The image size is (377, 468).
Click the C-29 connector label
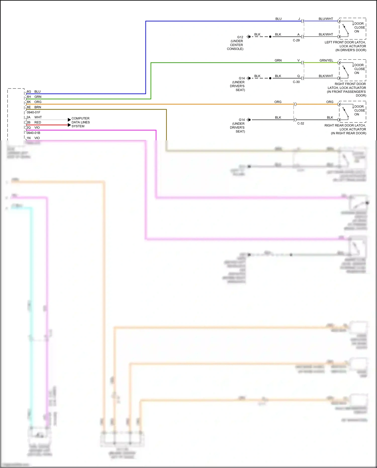tap(296, 40)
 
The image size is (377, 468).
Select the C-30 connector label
tap(296, 82)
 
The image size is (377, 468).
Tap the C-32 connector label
tap(301, 123)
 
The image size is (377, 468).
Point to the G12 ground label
tap(240, 37)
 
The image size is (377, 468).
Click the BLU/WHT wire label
tap(326, 19)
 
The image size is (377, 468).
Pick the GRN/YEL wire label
tap(326, 60)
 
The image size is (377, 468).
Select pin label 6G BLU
tap(34, 92)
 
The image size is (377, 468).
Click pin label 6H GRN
tap(34, 97)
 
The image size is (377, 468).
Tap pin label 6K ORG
tap(34, 102)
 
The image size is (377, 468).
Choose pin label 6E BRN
tap(34, 107)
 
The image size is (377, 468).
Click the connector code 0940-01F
tap(33, 112)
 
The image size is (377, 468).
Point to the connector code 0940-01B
tap(33, 133)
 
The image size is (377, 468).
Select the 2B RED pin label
tap(34, 122)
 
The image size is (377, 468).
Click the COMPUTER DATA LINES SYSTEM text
tap(80, 122)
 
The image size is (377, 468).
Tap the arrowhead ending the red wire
tap(69, 125)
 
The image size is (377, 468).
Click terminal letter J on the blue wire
tap(299, 19)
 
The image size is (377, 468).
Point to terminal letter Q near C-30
tap(298, 76)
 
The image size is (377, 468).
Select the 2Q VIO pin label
tap(33, 127)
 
